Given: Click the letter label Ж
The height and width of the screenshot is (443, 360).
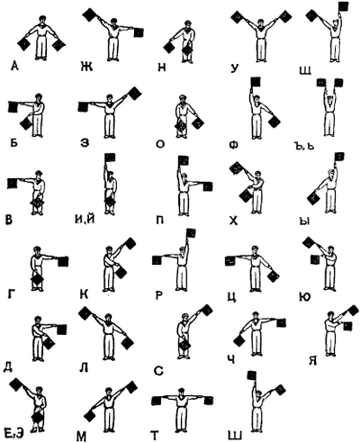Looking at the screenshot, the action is (x=86, y=67).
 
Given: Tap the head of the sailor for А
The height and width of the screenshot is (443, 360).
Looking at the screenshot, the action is (x=42, y=20).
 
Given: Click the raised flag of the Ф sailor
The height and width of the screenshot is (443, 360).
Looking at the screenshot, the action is (x=256, y=82).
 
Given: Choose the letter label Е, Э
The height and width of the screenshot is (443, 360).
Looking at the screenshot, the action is (x=14, y=434).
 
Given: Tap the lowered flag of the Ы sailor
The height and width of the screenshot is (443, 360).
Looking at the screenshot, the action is (x=314, y=198).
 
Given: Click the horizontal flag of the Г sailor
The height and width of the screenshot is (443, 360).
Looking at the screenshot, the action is (x=63, y=261).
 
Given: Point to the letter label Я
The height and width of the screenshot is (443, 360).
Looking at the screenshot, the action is (x=313, y=360).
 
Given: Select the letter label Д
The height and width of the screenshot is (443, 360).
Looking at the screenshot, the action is (x=8, y=367).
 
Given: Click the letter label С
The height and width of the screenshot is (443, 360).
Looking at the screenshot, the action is (x=158, y=371).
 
